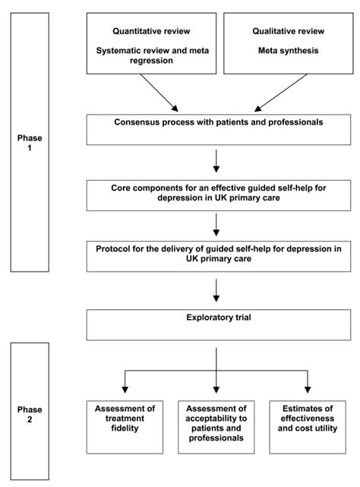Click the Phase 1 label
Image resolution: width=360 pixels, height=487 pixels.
click(31, 144)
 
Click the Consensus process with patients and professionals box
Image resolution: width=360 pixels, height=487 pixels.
click(216, 128)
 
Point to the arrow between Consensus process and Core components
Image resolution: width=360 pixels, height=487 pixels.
click(216, 160)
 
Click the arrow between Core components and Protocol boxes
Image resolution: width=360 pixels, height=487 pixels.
click(216, 223)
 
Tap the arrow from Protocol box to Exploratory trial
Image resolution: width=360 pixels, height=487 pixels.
click(216, 288)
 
